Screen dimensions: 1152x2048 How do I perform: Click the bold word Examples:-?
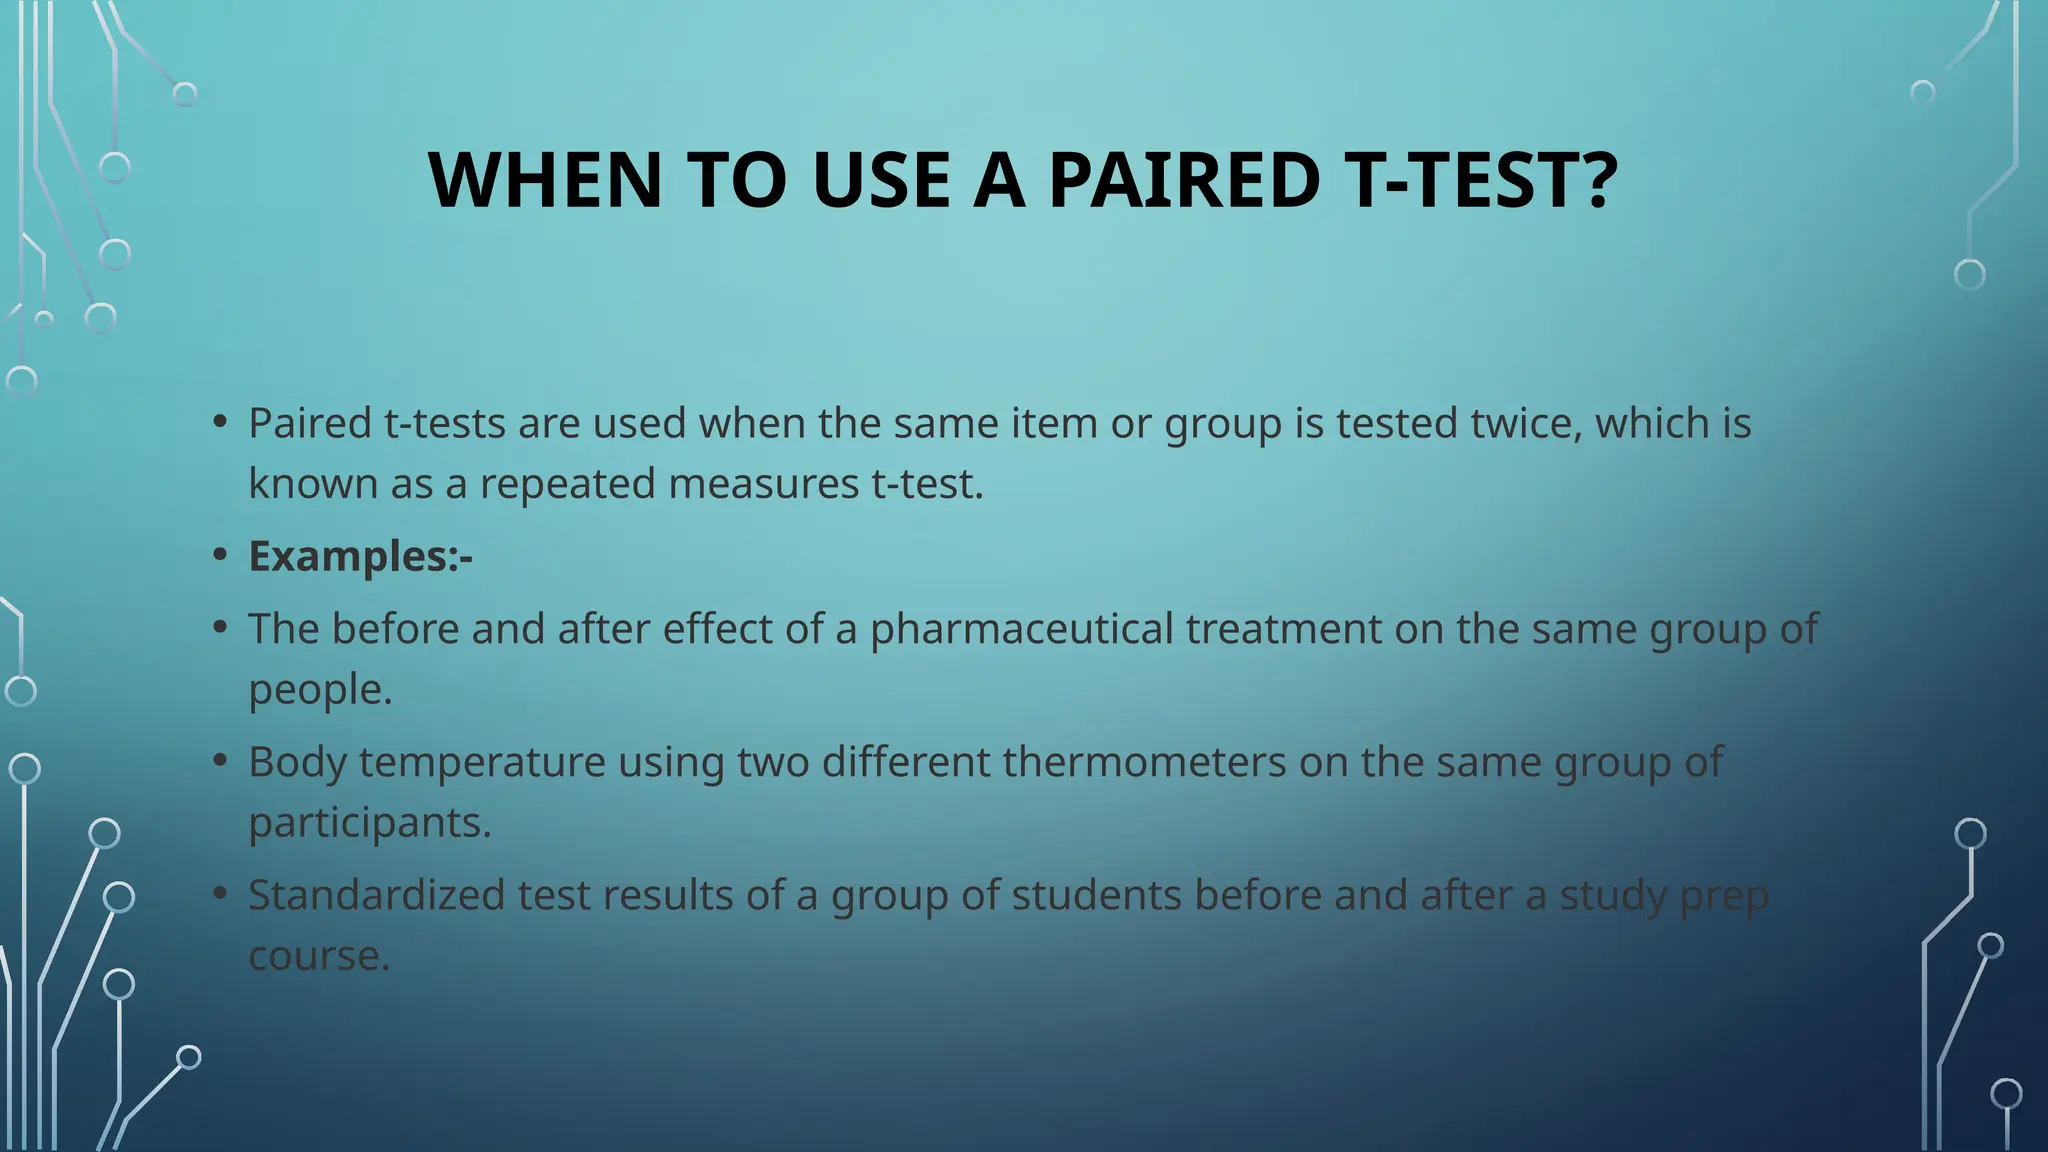coord(360,556)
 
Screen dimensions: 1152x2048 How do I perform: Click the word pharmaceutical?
coord(1021,629)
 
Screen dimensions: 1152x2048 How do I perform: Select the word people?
coord(320,690)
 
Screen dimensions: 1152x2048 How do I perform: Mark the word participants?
coord(369,823)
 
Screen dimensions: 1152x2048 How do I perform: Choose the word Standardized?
coord(376,895)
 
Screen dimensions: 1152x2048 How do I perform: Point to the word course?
coord(318,956)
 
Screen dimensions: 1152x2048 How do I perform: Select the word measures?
coord(763,484)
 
